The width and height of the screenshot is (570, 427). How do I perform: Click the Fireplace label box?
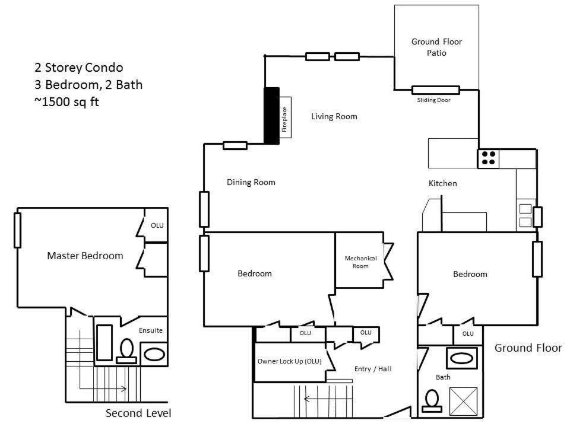tap(285, 117)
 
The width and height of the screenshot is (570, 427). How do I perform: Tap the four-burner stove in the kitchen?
tap(488, 158)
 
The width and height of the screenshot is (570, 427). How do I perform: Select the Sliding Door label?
tap(433, 100)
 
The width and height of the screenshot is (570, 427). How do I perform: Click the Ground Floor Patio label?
tap(436, 47)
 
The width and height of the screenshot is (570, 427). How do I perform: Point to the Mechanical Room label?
tap(360, 262)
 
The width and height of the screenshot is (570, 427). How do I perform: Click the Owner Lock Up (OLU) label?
tap(289, 361)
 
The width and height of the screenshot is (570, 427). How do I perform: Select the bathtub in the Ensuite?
tap(104, 342)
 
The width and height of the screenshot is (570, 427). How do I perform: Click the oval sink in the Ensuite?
tap(154, 355)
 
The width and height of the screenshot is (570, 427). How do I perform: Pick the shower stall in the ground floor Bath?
tap(464, 401)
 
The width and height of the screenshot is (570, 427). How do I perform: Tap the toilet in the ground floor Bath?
tap(432, 401)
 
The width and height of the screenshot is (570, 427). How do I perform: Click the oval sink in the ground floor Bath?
tap(462, 358)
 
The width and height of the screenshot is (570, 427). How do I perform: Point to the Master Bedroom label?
tap(85, 256)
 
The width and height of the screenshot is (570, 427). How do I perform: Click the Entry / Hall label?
tap(373, 369)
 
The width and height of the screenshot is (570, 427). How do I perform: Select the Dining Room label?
tap(251, 182)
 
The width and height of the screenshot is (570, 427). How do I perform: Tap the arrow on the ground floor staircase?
tap(328, 399)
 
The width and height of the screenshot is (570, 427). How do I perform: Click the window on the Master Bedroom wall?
tap(17, 230)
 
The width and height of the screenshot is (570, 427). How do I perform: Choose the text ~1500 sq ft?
tap(66, 102)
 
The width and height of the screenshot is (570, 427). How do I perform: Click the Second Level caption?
tap(138, 413)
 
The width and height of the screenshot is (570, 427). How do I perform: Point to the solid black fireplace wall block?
tap(271, 116)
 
